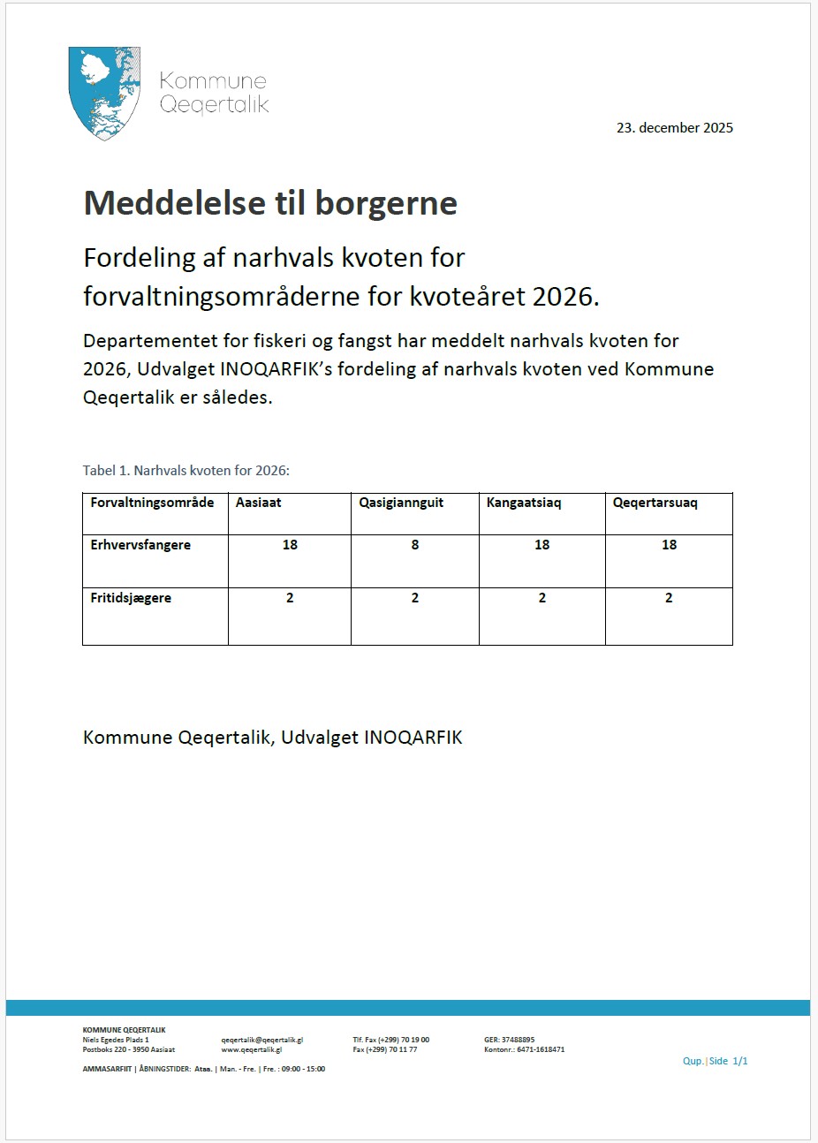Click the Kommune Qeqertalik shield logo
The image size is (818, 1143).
105,93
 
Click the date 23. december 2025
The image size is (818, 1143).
674,127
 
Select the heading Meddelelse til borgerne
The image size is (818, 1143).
270,203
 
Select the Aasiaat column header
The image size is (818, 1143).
258,503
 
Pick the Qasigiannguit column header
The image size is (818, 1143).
401,503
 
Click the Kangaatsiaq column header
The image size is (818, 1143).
524,503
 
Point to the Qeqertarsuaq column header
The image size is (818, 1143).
655,503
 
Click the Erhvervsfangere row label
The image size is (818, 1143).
140,545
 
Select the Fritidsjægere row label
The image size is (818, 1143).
131,598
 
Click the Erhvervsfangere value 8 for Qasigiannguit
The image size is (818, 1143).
415,545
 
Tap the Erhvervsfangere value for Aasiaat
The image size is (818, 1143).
290,545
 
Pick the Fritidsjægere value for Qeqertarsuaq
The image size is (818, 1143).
669,598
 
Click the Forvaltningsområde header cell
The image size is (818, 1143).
152,503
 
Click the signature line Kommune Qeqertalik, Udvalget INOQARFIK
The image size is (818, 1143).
272,737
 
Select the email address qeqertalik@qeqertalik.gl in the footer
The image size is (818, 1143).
261,1040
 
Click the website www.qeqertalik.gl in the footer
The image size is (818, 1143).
251,1049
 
